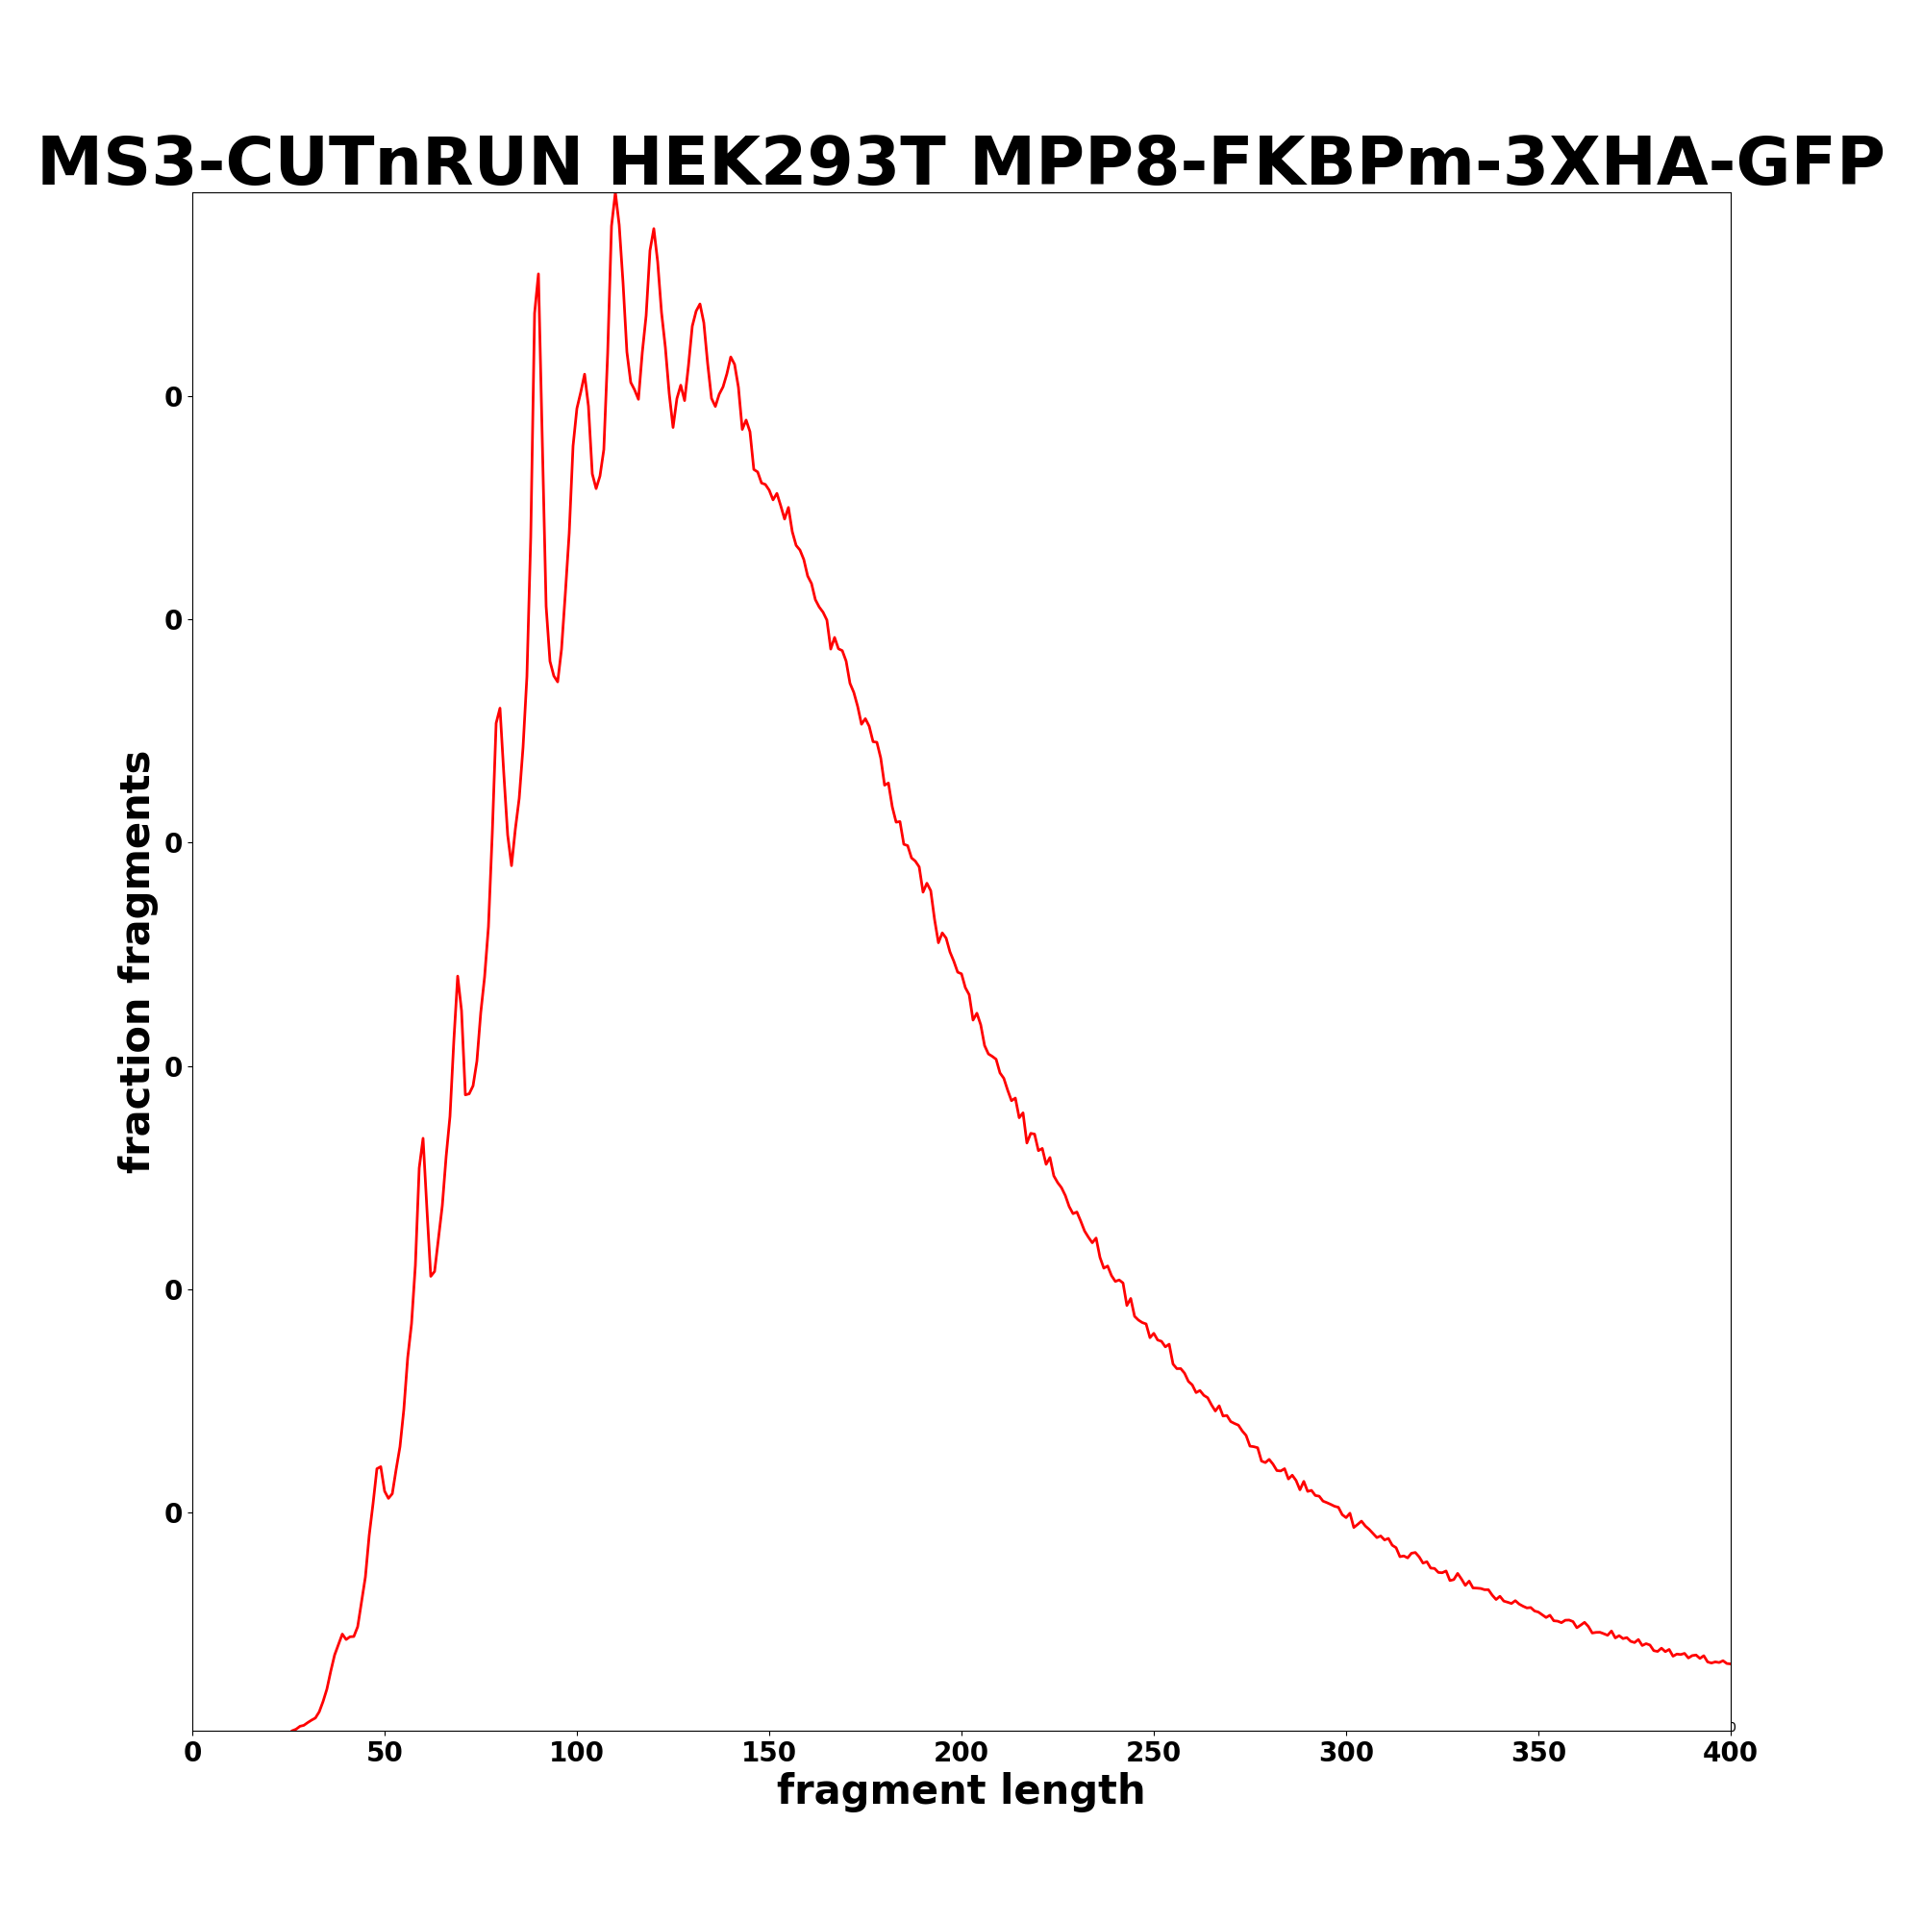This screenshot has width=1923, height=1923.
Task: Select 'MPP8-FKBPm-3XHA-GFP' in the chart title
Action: click(x=1426, y=162)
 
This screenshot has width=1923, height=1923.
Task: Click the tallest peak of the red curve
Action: click(x=615, y=194)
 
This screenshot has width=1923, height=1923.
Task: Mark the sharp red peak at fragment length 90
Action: click(x=538, y=274)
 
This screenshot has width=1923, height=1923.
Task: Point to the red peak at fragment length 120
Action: click(x=653, y=229)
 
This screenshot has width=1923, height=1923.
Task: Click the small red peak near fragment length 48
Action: click(x=379, y=1466)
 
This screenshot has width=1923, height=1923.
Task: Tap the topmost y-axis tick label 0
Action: click(x=174, y=397)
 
